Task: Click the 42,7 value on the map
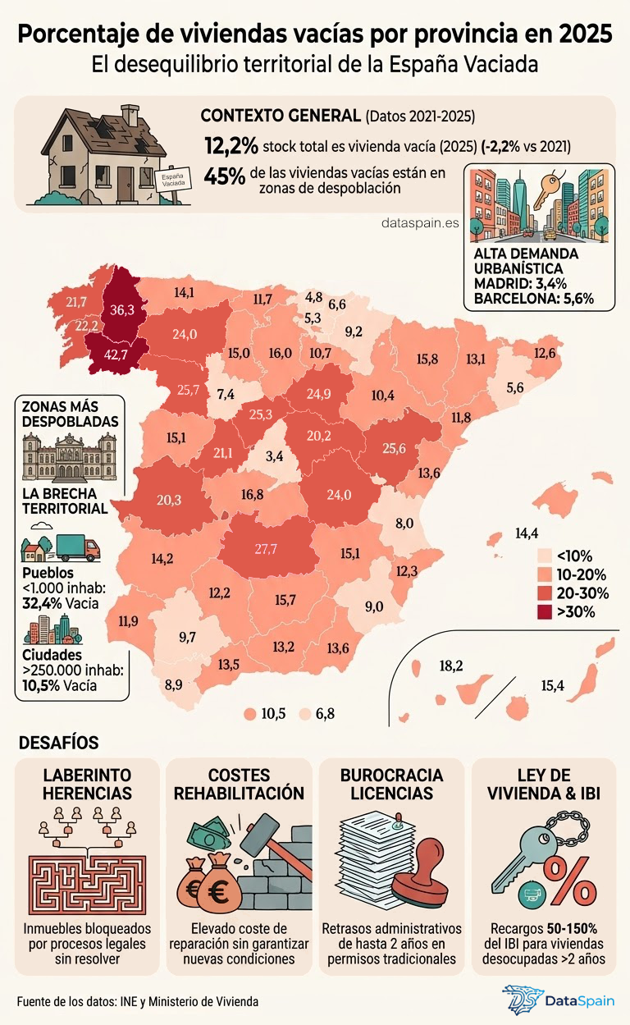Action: click(117, 355)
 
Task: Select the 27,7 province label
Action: click(265, 549)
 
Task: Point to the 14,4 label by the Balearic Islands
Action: click(527, 533)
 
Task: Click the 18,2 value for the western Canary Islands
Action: click(451, 666)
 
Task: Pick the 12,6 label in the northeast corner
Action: click(545, 353)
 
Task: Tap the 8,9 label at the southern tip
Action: click(173, 684)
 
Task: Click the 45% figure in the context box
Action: click(224, 176)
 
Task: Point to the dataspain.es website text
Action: click(420, 222)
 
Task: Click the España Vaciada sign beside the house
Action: click(172, 180)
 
